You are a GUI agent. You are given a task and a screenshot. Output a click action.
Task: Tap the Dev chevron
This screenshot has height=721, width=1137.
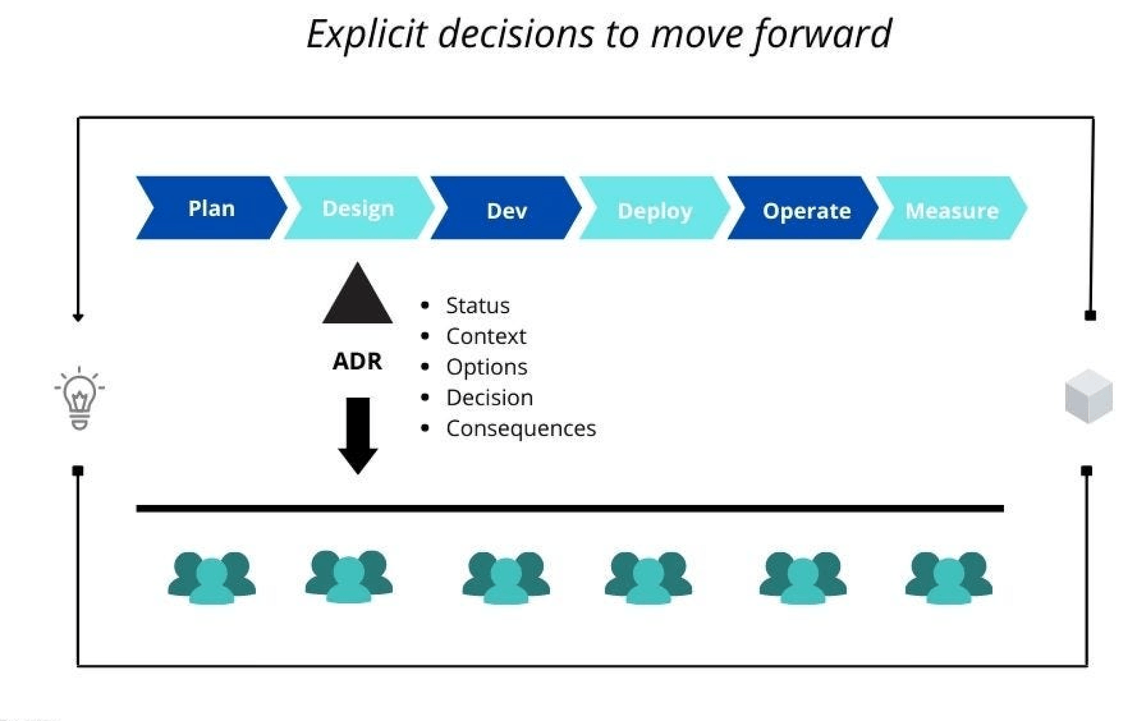tap(506, 207)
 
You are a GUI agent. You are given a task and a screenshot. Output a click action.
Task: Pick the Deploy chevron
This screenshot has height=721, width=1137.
tap(654, 207)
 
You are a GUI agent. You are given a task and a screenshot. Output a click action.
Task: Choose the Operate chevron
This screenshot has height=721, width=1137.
tap(803, 207)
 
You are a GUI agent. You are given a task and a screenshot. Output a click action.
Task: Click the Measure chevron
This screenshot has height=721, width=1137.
tap(952, 207)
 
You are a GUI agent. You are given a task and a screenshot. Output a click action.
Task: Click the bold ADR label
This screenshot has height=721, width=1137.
tap(357, 362)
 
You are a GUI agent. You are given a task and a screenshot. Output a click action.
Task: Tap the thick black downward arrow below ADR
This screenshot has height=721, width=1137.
tap(358, 436)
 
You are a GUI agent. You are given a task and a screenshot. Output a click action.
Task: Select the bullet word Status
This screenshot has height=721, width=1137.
tap(478, 305)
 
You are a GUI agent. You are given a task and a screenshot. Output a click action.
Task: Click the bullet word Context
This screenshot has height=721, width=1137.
tap(486, 337)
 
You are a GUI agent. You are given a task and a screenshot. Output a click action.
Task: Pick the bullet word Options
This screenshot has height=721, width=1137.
tap(487, 367)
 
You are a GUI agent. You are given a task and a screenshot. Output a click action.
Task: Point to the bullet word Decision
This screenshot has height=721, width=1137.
tap(490, 398)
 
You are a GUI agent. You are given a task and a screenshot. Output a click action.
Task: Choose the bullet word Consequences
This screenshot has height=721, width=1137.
tap(522, 429)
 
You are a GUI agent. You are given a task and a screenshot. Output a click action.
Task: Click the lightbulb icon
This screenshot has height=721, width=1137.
tap(80, 399)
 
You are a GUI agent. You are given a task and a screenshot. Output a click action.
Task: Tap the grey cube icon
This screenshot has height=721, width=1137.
tap(1089, 396)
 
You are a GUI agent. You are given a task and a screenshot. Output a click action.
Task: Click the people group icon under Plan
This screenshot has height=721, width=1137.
tap(212, 578)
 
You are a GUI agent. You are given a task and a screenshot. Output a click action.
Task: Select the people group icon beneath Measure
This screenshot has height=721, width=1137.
tap(949, 578)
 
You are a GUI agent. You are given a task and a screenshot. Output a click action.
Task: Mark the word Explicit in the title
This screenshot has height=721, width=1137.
tap(367, 35)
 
